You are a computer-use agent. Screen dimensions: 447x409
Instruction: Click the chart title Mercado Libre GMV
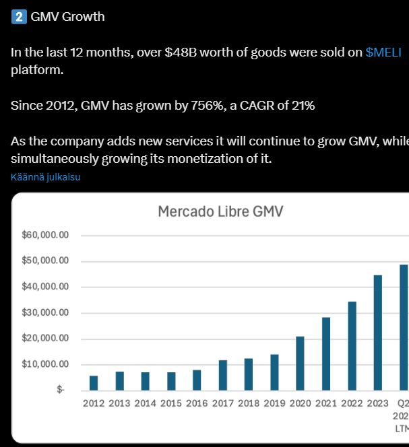[x=220, y=211]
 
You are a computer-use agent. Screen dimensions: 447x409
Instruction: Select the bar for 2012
[x=94, y=383]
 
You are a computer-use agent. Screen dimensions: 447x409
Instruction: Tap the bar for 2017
[x=223, y=375]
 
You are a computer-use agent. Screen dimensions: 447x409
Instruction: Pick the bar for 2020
[x=301, y=364]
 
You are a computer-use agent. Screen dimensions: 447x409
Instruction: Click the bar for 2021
[x=326, y=354]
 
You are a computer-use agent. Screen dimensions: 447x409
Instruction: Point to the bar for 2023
[x=378, y=333]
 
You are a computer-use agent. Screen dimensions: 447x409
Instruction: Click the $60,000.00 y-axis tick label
[x=46, y=236]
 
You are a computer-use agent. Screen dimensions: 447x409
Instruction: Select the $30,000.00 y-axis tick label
[x=46, y=313]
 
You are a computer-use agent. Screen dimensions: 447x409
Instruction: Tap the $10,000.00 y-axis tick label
[x=46, y=364]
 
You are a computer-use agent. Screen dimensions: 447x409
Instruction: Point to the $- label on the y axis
[x=61, y=390]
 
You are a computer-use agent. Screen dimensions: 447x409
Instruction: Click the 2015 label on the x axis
[x=171, y=403]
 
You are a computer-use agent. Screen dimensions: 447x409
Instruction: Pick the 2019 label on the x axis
[x=274, y=403]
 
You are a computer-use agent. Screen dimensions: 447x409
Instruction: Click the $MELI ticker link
[x=383, y=52]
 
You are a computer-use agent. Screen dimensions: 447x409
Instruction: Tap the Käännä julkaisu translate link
[x=46, y=177]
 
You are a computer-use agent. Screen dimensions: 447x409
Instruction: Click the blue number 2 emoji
[x=19, y=17]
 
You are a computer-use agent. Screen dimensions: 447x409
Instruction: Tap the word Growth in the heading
[x=84, y=17]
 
